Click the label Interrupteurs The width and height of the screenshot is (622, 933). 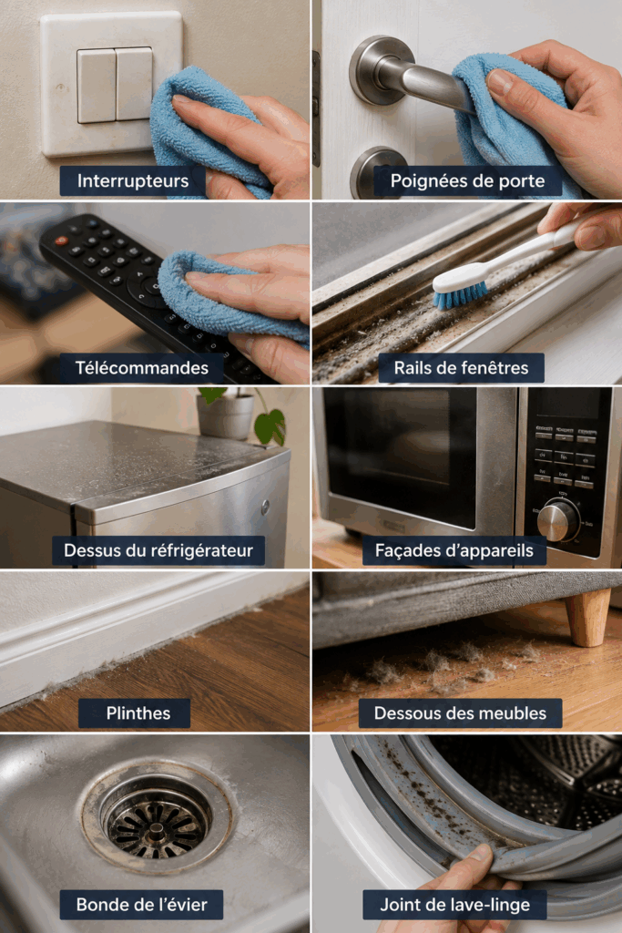pyautogui.click(x=133, y=181)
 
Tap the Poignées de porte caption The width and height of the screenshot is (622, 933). pyautogui.click(x=467, y=181)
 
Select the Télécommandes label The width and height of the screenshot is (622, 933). pyautogui.click(x=141, y=368)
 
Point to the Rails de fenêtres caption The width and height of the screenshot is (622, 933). pyautogui.click(x=461, y=368)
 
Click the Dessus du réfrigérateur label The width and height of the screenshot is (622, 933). pyautogui.click(x=158, y=550)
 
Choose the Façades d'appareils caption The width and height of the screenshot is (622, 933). pyautogui.click(x=454, y=550)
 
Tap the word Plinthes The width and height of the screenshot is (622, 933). pyautogui.click(x=138, y=713)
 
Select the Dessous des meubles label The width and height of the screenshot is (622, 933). pyautogui.click(x=460, y=713)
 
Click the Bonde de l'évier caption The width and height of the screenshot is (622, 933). pyautogui.click(x=141, y=905)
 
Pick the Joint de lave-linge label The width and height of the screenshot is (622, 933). pyautogui.click(x=455, y=905)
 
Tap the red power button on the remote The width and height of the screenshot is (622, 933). pyautogui.click(x=61, y=241)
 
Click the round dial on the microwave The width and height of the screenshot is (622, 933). pyautogui.click(x=558, y=520)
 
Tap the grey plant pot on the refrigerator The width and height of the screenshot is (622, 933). pyautogui.click(x=225, y=415)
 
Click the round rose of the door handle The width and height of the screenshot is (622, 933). pyautogui.click(x=373, y=69)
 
